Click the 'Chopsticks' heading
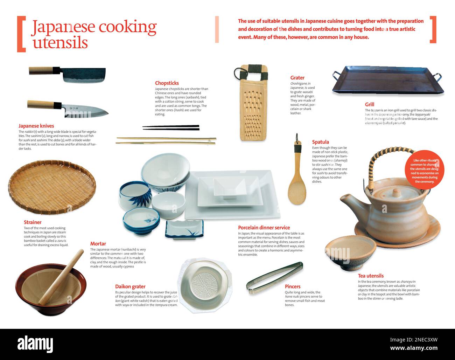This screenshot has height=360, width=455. (x=167, y=83)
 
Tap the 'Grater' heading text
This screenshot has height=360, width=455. (x=297, y=78)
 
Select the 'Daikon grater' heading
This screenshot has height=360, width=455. (x=130, y=286)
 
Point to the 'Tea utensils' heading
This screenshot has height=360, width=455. (x=371, y=276)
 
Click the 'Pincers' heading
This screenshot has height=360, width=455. (x=293, y=286)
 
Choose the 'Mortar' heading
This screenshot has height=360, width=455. (x=98, y=244)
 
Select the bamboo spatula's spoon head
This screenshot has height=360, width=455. (x=297, y=191)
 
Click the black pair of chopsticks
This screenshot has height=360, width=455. (x=171, y=127)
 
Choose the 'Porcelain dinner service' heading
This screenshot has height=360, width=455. (x=264, y=228)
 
